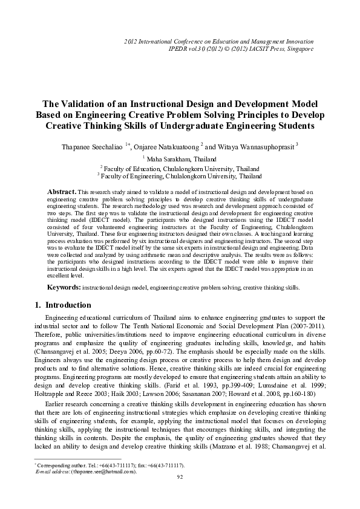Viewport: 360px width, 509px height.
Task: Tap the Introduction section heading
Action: click(68, 305)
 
